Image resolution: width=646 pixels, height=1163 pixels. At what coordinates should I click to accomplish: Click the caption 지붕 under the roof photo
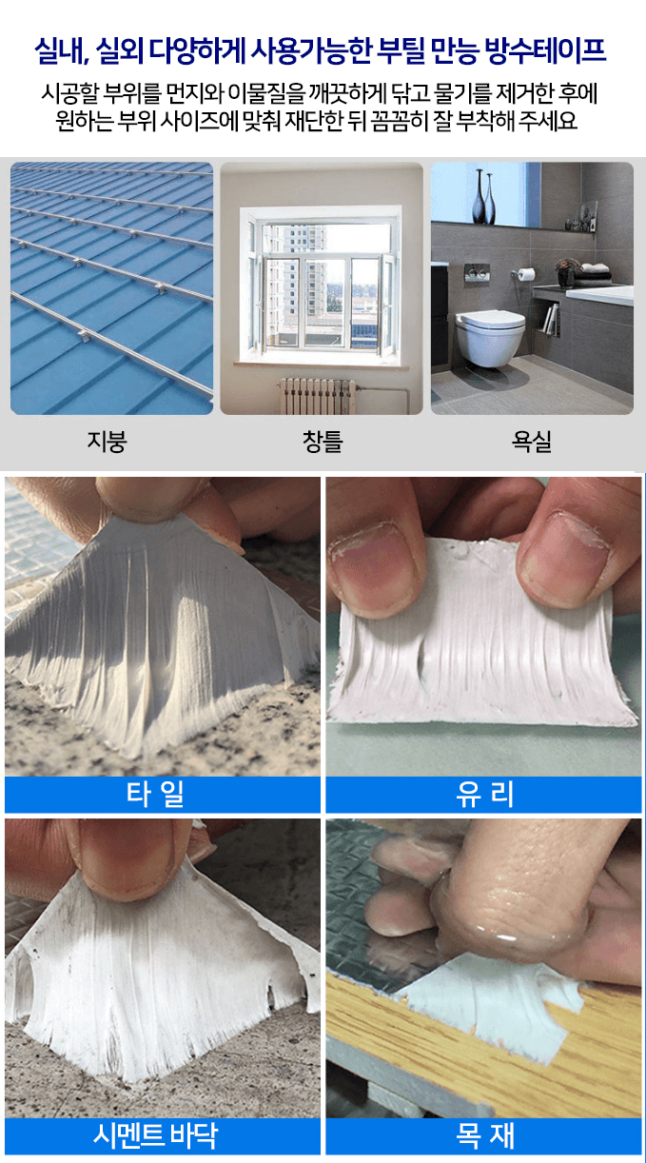107,442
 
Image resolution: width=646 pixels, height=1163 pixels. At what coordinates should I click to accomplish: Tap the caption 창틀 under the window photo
322,442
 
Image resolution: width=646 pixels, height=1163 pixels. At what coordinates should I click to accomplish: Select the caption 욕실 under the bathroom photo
531,442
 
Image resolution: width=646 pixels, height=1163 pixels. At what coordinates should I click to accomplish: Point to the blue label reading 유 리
484,794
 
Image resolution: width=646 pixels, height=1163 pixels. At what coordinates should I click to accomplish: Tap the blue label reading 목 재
484,1135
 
